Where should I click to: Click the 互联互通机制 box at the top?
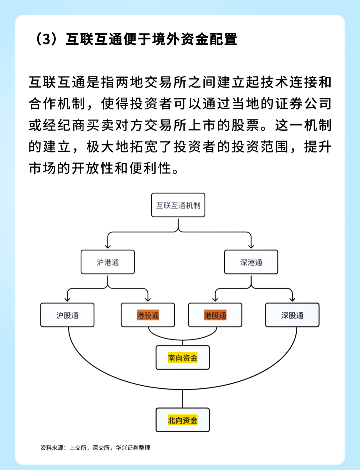(x=178, y=205)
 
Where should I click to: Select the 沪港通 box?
(x=108, y=262)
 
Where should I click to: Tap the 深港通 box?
(x=251, y=262)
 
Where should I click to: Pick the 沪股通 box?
(x=67, y=315)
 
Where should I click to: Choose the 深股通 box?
(x=292, y=315)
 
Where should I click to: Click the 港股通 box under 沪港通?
(x=148, y=315)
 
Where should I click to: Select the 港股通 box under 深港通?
(x=215, y=315)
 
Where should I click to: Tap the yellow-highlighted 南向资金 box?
(x=183, y=358)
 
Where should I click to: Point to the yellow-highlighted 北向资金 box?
(x=183, y=420)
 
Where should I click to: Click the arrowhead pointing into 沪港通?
(x=108, y=247)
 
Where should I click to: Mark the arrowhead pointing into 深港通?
(x=251, y=247)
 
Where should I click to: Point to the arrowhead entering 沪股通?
(x=68, y=299)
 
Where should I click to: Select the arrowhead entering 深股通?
(x=292, y=299)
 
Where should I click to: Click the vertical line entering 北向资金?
(x=183, y=399)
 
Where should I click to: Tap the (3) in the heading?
(x=46, y=39)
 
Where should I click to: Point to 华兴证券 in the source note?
(x=127, y=448)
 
